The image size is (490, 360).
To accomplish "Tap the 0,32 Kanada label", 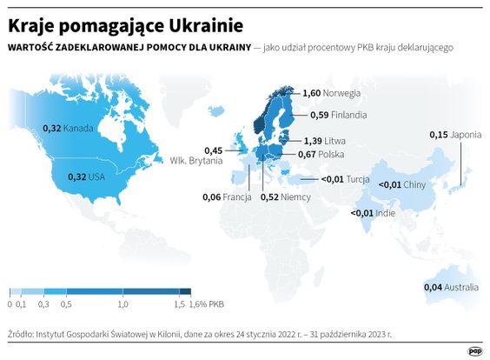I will (67, 129).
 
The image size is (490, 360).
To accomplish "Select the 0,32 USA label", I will (85, 177).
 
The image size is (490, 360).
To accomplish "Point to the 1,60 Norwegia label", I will (331, 92).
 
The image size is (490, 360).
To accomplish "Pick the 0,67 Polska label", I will (321, 155).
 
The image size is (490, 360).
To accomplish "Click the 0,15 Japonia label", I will (455, 135).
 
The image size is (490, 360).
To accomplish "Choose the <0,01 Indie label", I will (374, 213).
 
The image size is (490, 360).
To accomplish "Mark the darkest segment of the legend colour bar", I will (185, 292).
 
